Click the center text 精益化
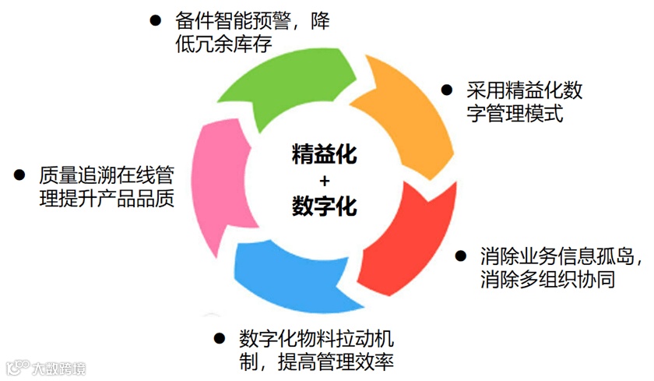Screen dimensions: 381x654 [x=325, y=153]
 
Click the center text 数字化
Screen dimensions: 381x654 [x=325, y=206]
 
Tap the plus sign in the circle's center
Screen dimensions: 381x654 [x=325, y=180]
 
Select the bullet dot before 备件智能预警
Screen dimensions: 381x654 [x=156, y=19]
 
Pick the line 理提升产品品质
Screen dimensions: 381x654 [x=107, y=198]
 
